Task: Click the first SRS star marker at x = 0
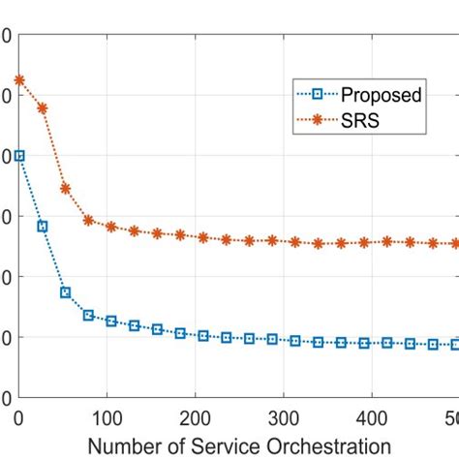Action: [19, 80]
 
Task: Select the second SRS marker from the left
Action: [43, 108]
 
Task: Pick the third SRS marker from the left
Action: [65, 189]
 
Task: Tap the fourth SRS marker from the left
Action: [88, 220]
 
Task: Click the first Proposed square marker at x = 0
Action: [19, 155]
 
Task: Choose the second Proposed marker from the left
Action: [43, 227]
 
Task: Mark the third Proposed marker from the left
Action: [65, 292]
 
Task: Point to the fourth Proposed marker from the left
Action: [88, 315]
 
